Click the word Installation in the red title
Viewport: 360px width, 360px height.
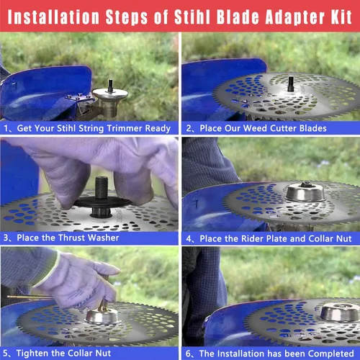tap(53, 17)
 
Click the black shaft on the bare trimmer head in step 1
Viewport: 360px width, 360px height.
tap(110, 86)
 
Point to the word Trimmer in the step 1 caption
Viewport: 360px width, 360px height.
tap(125, 128)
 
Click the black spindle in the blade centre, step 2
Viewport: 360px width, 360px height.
tap(291, 84)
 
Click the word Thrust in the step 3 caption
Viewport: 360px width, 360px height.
tap(72, 238)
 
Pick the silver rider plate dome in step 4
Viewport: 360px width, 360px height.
tap(305, 192)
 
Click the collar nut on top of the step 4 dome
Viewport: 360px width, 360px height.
tap(306, 184)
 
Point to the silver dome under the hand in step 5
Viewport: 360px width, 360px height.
tap(102, 316)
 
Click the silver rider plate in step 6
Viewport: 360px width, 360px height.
tap(340, 312)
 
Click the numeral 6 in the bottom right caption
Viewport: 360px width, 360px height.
tap(188, 354)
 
